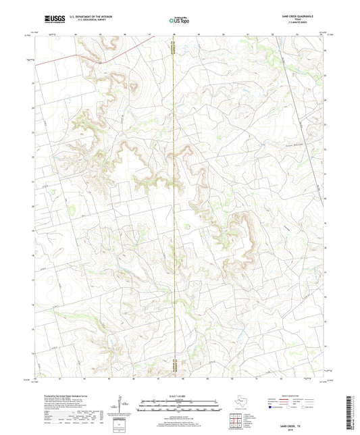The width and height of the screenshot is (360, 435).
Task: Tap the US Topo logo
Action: click(x=178, y=21)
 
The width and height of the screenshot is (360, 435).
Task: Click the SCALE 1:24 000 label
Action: click(x=180, y=395)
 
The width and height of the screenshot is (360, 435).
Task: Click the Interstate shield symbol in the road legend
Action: click(x=272, y=408)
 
